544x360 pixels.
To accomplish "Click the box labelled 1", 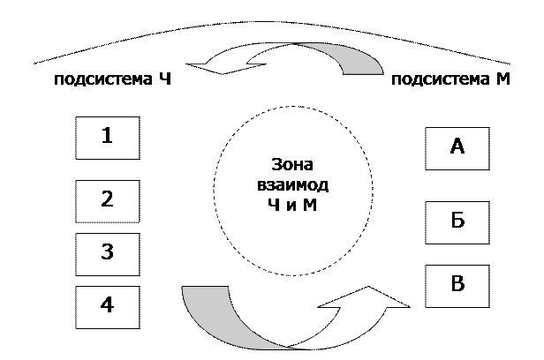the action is click(x=107, y=138).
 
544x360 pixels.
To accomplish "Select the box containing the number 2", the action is click(x=107, y=200).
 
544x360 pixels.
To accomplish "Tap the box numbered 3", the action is click(x=107, y=253).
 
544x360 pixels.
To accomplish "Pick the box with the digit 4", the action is click(x=107, y=306).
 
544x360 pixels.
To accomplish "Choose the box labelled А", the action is click(x=457, y=147).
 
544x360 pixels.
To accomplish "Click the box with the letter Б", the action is click(x=457, y=221).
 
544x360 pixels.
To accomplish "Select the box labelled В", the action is click(x=457, y=285).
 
